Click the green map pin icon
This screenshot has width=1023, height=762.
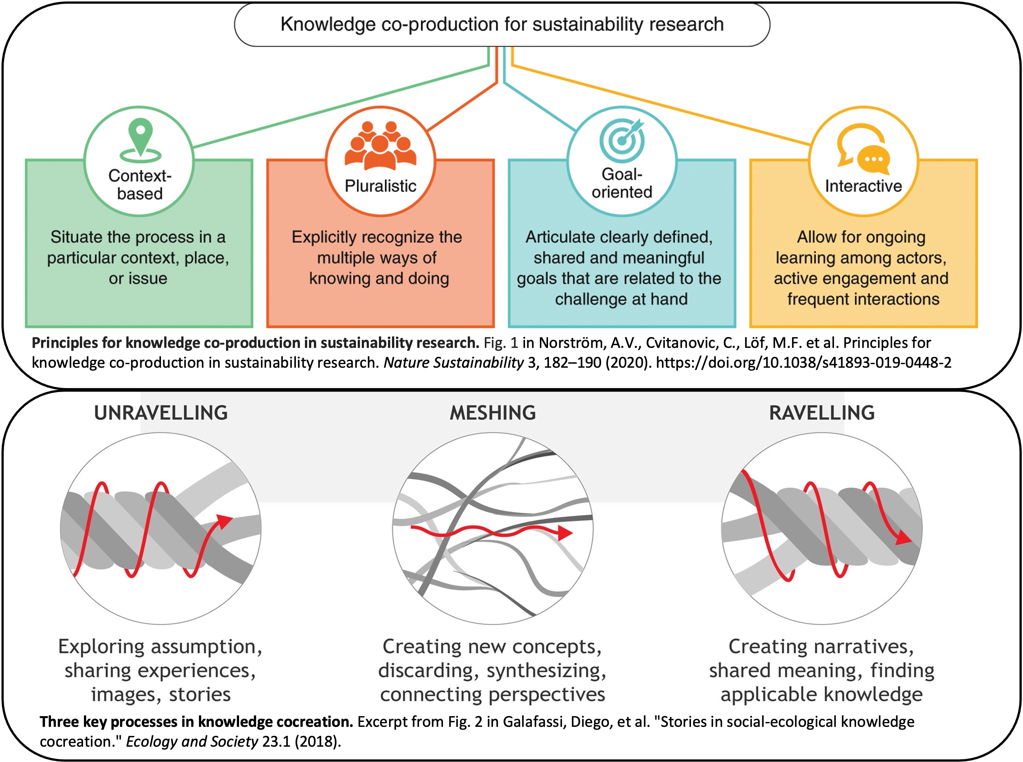140,140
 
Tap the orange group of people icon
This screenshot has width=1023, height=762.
380,145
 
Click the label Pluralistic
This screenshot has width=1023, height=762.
380,186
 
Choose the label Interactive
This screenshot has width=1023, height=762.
863,186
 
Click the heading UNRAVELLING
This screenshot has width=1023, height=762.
161,413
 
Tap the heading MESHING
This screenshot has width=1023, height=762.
493,413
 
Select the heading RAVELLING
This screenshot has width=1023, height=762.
822,413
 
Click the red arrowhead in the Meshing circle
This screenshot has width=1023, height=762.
565,533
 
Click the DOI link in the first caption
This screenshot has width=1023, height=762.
804,363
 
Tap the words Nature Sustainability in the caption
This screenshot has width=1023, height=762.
453,363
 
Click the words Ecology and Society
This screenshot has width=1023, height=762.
192,741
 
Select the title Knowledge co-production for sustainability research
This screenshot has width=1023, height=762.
502,24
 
